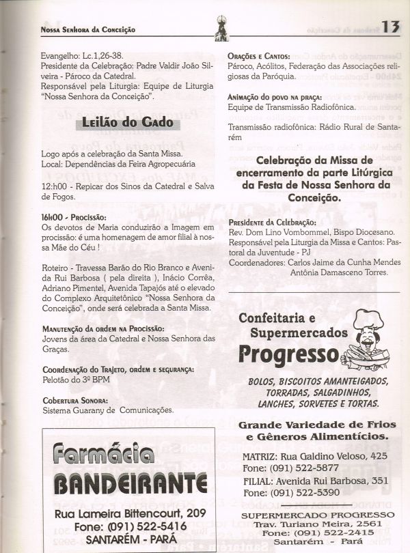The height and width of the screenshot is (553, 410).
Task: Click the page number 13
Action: [x=390, y=27]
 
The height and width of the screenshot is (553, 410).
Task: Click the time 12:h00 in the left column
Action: [x=55, y=187]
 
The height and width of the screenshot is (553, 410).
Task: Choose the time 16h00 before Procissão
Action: [x=54, y=216]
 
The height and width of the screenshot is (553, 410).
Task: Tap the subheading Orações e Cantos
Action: [x=259, y=56]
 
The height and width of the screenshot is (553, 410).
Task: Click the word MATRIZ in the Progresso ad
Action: [x=259, y=455]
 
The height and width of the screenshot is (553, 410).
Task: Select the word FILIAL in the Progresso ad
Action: [x=257, y=480]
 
